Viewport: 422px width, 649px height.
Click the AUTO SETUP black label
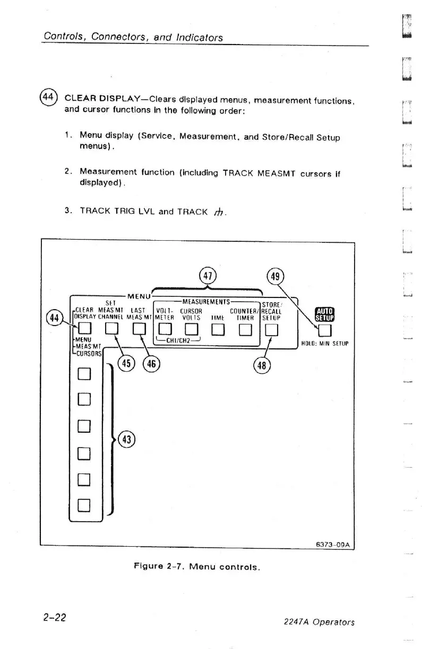click(324, 314)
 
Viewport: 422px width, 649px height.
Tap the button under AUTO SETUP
click(324, 331)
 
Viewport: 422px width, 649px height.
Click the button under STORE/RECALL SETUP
click(271, 331)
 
